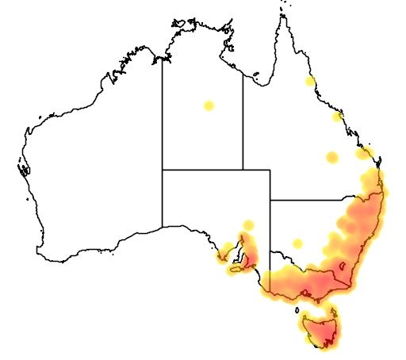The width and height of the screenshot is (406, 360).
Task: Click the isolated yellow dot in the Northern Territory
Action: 209,105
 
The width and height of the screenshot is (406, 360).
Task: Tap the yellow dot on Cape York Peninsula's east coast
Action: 310,81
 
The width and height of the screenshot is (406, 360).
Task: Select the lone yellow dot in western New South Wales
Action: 297,243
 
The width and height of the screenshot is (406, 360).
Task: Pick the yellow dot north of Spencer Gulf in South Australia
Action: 248,225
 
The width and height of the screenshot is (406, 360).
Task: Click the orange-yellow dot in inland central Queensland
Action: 331,157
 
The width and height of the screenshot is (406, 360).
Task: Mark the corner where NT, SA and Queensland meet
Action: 243,169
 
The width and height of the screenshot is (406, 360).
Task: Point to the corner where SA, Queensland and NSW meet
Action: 270,200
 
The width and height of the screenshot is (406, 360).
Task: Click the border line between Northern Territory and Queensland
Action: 243,119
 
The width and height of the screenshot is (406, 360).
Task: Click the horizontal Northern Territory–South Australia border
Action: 202,169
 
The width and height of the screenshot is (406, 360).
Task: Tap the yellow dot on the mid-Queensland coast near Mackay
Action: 337,117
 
